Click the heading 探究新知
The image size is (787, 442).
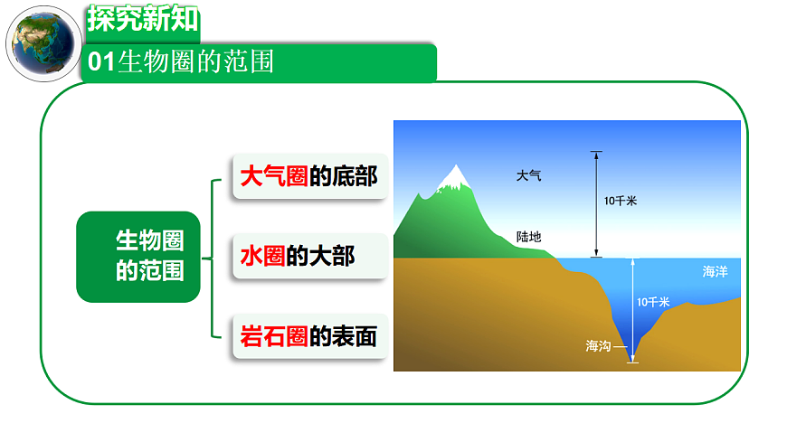[x=143, y=19]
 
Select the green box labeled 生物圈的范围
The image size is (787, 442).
[x=137, y=257]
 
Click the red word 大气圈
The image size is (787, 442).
[x=273, y=175]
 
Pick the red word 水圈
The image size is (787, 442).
[x=262, y=257]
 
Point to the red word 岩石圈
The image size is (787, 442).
[x=273, y=337]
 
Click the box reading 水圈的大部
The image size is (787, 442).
[x=310, y=257]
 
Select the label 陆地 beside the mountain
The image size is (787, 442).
[x=528, y=237]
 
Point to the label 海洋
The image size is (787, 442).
[x=715, y=271]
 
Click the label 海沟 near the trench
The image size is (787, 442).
[x=598, y=345]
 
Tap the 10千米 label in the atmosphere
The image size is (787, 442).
[x=621, y=202]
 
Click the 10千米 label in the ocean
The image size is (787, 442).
[x=652, y=302]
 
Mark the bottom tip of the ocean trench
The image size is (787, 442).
[x=632, y=360]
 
